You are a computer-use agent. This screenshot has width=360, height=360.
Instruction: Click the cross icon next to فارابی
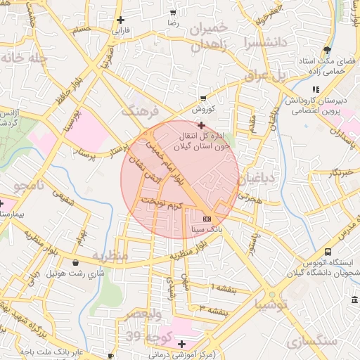(x=121, y=20)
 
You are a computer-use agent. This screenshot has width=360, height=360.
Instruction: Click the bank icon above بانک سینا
(x=206, y=218)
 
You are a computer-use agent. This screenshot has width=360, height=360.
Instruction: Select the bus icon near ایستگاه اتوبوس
(x=328, y=252)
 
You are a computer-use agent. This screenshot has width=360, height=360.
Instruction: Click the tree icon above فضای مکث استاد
(x=326, y=49)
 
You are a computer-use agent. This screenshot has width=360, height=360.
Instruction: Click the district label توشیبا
(x=272, y=305)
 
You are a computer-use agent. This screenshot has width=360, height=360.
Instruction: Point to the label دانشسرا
(x=262, y=42)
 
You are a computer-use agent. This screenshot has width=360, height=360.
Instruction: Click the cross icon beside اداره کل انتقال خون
(x=202, y=124)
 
